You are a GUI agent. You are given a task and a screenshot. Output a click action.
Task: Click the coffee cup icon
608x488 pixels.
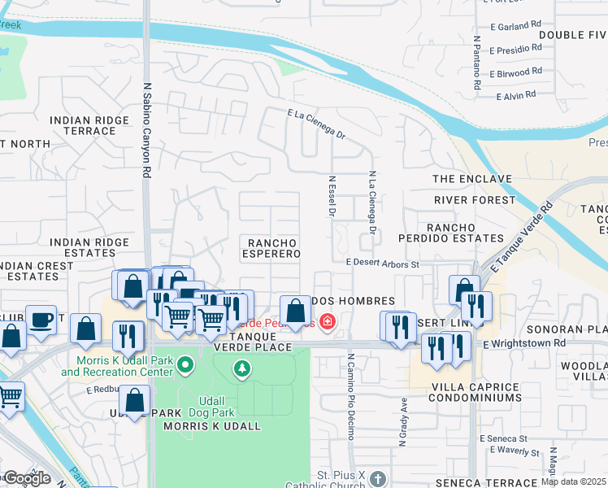click(x=41, y=319)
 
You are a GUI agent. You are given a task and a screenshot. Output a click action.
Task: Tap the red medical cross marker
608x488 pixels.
click(x=327, y=323)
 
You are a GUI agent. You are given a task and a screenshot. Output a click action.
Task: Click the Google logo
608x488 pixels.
click(x=26, y=478)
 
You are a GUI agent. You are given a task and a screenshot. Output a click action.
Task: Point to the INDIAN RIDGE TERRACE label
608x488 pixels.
click(x=89, y=125)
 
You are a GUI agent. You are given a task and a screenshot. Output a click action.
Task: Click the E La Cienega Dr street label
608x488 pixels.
click(x=317, y=124)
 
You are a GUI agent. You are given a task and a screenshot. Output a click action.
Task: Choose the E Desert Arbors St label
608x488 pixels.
click(x=382, y=264)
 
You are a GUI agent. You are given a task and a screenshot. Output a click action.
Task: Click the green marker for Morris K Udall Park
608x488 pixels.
click(x=186, y=364)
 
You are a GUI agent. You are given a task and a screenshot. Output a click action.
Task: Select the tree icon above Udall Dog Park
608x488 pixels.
click(x=241, y=370)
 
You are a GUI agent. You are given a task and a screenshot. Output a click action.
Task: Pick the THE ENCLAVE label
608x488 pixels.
click(x=472, y=179)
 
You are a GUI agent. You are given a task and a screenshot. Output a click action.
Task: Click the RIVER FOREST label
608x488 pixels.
click(x=475, y=199)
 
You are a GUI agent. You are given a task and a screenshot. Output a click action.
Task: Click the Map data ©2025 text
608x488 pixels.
click(x=574, y=481)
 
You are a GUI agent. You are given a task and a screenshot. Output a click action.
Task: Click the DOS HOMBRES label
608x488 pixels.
click(x=361, y=302)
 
